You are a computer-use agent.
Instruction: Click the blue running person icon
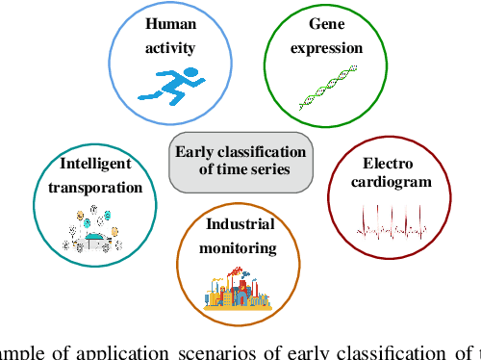coord(161,82)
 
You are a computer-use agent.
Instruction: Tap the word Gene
coord(325,24)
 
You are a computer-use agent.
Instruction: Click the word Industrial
coord(240,225)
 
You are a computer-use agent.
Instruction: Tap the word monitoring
coord(240,247)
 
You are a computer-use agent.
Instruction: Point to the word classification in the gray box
coord(266,152)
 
